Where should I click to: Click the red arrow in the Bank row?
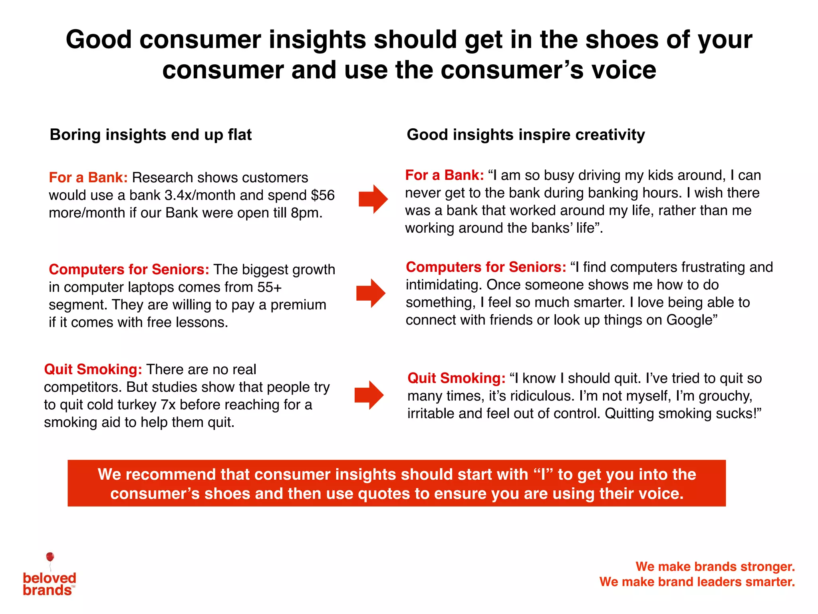[x=373, y=199]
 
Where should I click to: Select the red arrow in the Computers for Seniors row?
[x=371, y=293]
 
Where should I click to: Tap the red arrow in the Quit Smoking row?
[x=369, y=395]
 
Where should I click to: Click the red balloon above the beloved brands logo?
[x=50, y=557]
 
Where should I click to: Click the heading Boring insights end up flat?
[x=151, y=135]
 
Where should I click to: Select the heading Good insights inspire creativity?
[x=526, y=135]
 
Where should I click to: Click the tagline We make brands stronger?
[x=715, y=566]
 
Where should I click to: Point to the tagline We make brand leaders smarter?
[x=697, y=582]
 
